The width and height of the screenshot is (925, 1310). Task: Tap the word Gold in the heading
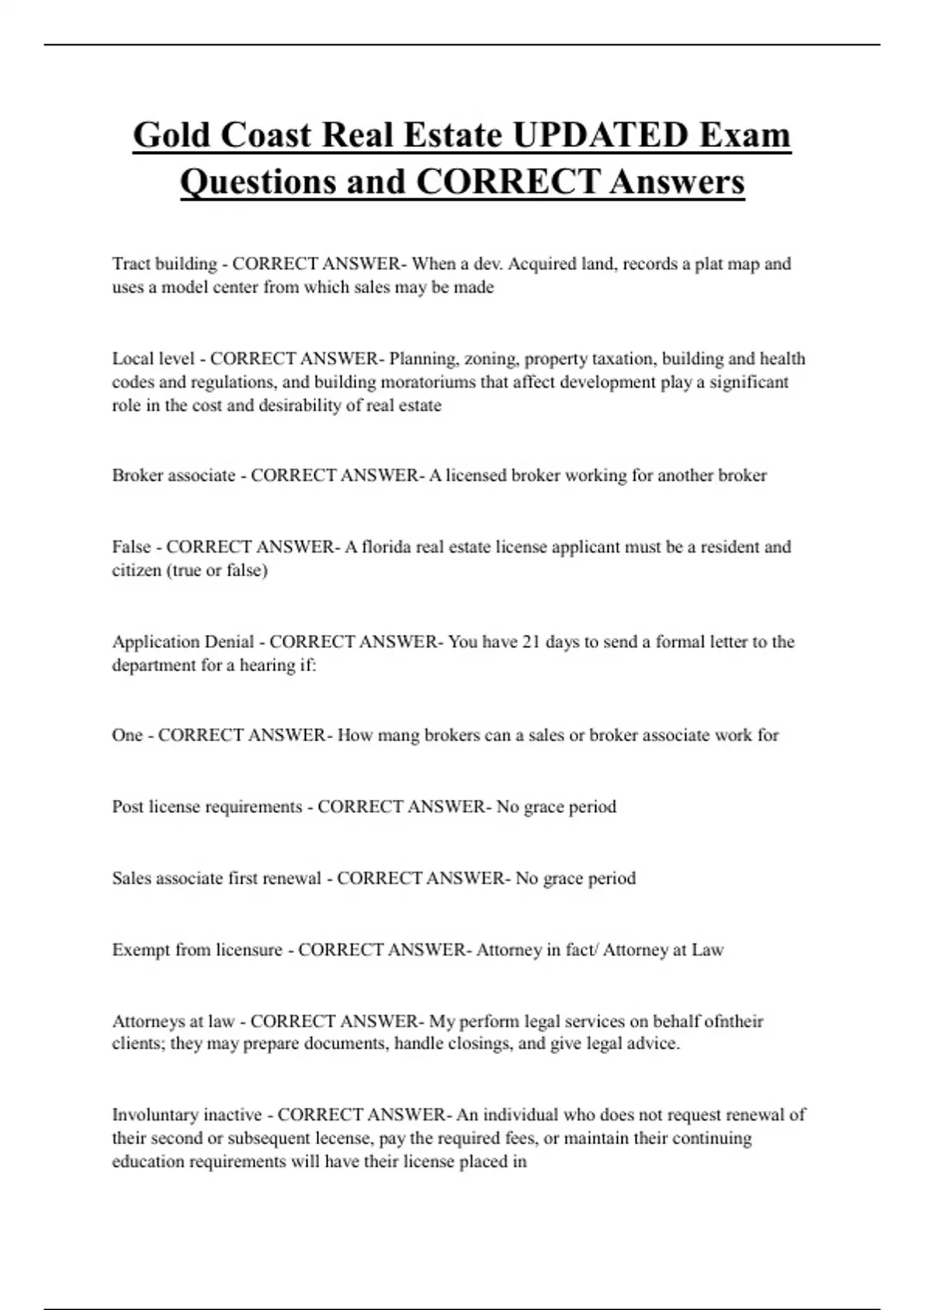[172, 135]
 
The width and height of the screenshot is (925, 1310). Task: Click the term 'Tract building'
[164, 264]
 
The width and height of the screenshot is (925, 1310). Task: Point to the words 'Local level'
[153, 358]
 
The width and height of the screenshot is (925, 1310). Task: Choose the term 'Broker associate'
[173, 475]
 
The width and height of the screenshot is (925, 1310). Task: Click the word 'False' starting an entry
[131, 546]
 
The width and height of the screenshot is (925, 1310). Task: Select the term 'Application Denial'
[183, 641]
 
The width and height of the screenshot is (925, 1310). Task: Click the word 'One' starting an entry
[127, 734]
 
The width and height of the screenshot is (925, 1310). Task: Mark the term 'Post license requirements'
[207, 806]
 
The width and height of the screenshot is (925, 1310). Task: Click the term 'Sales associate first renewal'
[216, 878]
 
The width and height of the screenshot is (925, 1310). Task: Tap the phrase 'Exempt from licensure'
[197, 949]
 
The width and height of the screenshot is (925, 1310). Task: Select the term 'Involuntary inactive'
[187, 1114]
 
